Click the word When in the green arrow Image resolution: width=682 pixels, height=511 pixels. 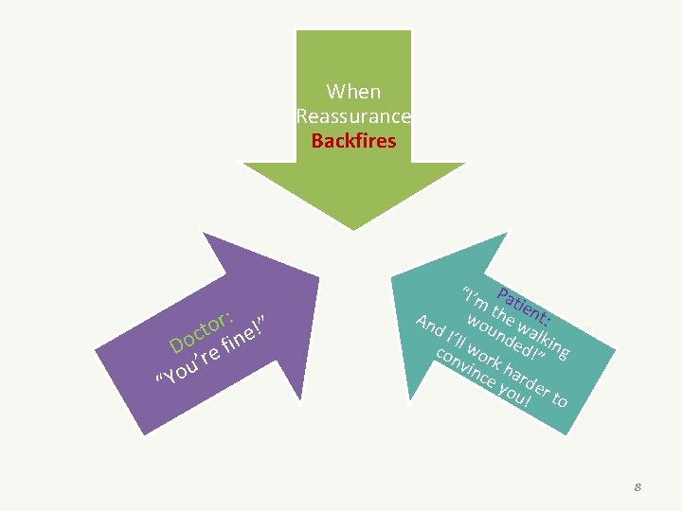click(353, 92)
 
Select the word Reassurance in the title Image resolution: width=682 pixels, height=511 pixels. click(353, 116)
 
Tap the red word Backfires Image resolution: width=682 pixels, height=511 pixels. click(353, 142)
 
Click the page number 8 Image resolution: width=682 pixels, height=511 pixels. click(638, 486)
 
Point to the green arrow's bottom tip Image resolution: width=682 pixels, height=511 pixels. click(353, 229)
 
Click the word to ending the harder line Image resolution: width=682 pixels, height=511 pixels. click(559, 399)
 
